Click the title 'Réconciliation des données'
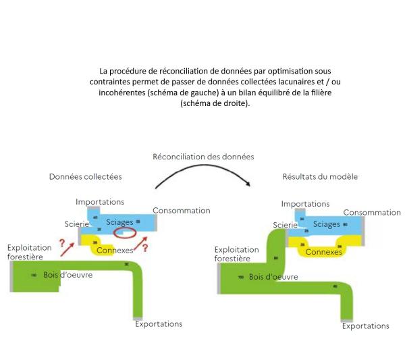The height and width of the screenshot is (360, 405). [x=202, y=156]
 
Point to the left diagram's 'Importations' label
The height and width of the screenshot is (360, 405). [x=100, y=201]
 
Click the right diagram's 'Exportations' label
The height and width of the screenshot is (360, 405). [x=365, y=326]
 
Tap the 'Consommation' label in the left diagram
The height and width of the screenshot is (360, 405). [x=182, y=210]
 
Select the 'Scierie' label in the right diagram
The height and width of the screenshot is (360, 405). [x=286, y=224]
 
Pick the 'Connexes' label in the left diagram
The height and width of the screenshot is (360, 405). [x=115, y=250]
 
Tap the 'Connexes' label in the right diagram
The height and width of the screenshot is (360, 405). [x=324, y=251]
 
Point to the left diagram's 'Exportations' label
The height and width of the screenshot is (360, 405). [x=159, y=324]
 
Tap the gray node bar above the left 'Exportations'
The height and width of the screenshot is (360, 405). [x=138, y=317]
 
